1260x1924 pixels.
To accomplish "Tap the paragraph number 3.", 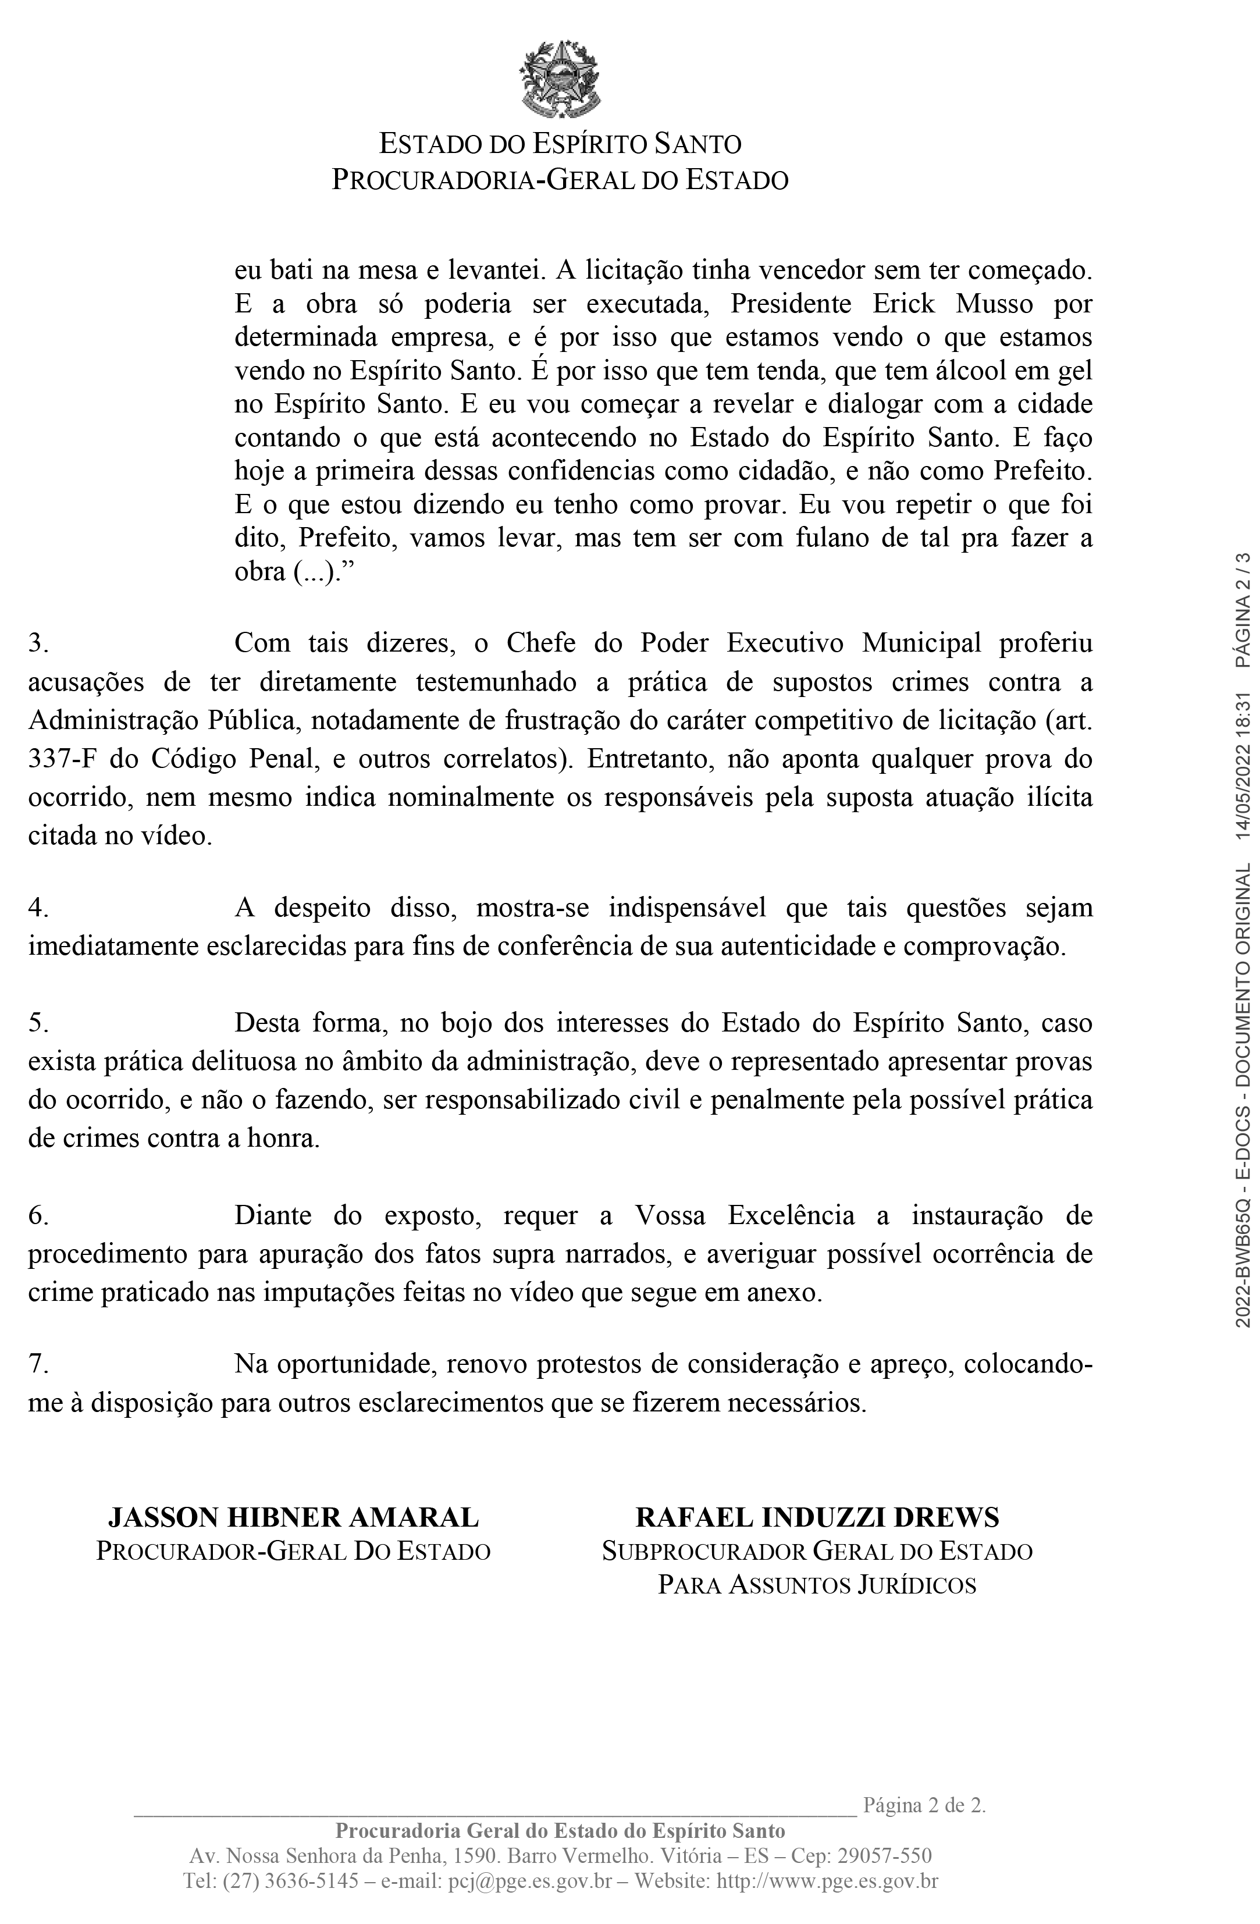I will coord(39,643).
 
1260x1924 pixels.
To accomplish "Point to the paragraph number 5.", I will coord(39,1023).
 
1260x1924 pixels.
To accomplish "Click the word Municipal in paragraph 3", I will coord(921,643).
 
